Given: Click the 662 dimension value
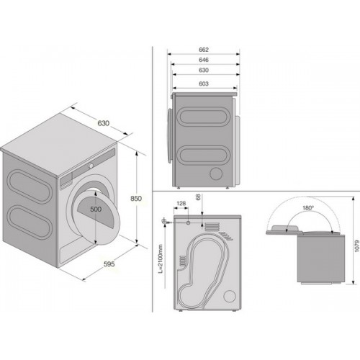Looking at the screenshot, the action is [204, 50].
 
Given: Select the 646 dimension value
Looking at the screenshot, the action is [204, 60].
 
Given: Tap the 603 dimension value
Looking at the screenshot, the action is [204, 84].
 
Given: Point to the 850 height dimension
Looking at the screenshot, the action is [136, 199].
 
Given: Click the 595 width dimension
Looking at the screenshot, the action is [109, 264].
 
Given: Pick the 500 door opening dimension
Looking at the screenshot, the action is [96, 209].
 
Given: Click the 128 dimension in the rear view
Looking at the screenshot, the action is [181, 204].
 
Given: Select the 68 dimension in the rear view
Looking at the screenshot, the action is [198, 197].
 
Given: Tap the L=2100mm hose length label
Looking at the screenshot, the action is [161, 258].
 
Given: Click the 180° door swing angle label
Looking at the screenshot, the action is [308, 208].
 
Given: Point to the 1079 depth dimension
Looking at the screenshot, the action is [356, 246].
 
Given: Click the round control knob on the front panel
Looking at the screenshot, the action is [91, 166].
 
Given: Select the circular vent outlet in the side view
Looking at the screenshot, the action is [215, 174].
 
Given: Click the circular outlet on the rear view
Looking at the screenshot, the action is [230, 296].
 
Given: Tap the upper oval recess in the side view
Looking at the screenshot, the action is [202, 116].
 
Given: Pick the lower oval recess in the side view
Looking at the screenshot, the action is [202, 154].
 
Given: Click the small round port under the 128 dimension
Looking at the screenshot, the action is [188, 222].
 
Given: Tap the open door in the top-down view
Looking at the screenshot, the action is [284, 230].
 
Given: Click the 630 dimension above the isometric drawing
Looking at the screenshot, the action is [104, 123].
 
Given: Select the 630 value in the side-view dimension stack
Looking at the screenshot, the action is [204, 70].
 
